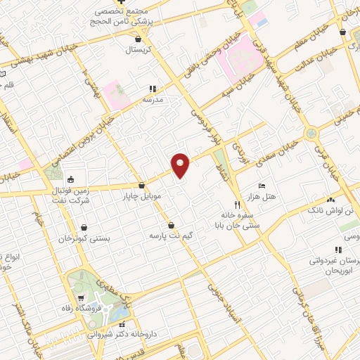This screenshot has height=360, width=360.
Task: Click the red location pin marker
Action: [181, 165]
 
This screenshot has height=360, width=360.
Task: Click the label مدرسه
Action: [153, 100]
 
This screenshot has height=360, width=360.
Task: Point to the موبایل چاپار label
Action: [143, 196]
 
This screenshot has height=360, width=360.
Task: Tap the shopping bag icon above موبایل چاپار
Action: [143, 186]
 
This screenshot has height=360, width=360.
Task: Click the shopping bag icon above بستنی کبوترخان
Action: [84, 228]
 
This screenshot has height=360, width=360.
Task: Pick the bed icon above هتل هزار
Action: [262, 186]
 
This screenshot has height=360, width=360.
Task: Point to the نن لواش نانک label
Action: [326, 210]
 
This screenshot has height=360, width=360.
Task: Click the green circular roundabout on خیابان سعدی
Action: [310, 134]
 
